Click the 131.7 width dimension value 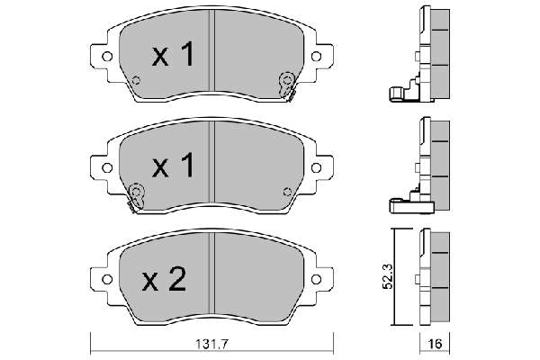point(211,344)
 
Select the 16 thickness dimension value point(435,345)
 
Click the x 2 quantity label point(165,279)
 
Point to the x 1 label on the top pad point(173,54)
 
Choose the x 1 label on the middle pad point(173,166)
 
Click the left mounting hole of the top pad point(107,56)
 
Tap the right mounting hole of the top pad point(316,56)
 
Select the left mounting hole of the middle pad point(107,167)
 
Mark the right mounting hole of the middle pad point(316,167)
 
